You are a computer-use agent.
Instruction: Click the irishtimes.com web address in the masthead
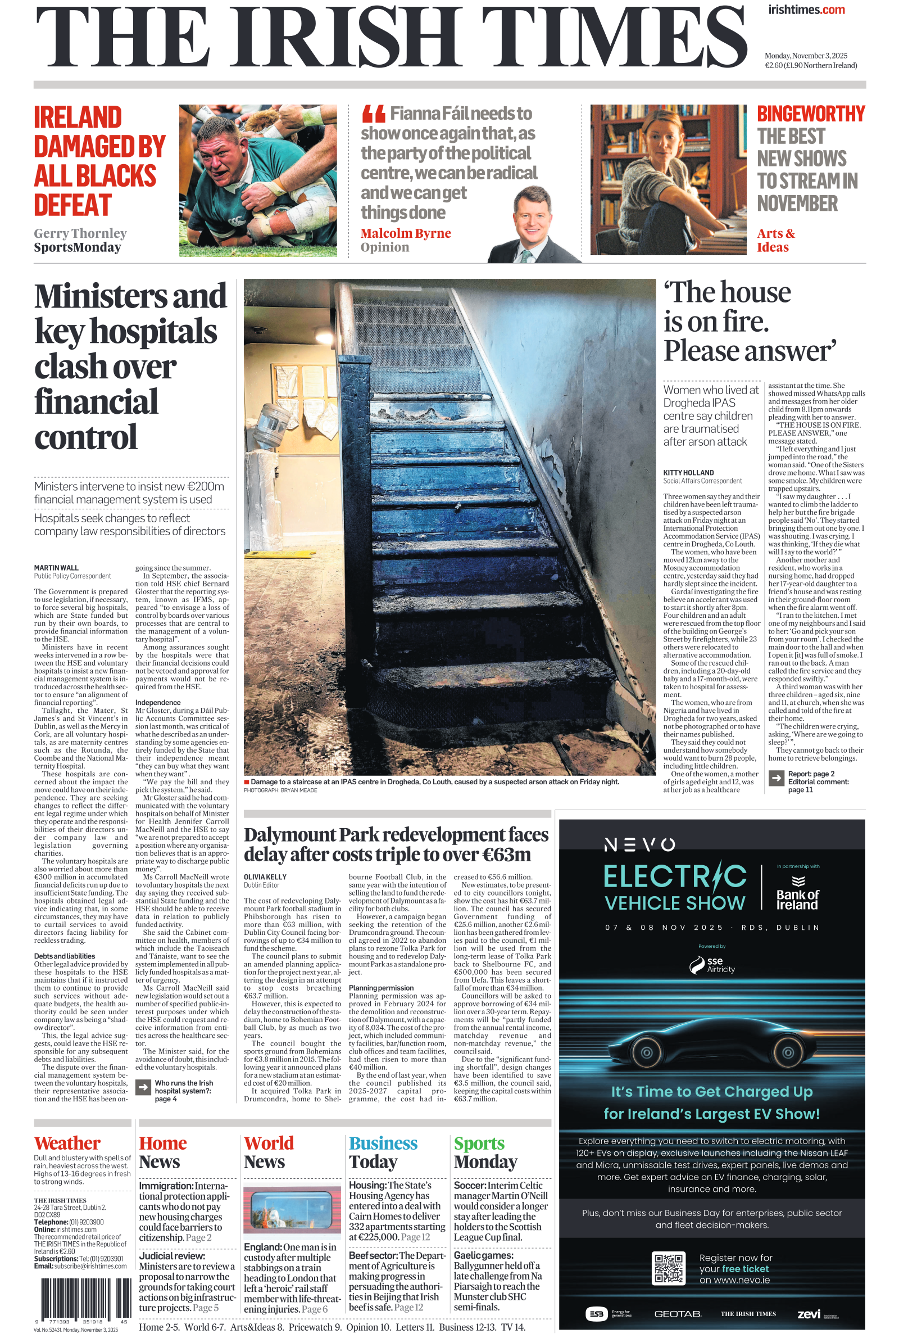[806, 10]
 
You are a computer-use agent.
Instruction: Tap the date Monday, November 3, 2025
[806, 56]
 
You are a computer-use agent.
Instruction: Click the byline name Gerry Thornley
[80, 233]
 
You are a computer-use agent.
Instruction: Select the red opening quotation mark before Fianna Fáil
[373, 114]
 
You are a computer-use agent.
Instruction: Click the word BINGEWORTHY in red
[811, 114]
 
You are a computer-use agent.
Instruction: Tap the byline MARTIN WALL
[56, 568]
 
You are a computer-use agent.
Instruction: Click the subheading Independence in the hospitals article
[158, 703]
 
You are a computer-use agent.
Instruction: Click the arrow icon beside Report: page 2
[776, 778]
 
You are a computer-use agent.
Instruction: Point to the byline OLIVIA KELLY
[265, 877]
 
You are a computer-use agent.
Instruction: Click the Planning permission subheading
[381, 988]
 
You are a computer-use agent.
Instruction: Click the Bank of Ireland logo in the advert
[797, 895]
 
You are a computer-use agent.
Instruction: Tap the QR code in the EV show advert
[669, 1268]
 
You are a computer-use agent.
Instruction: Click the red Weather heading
[67, 1143]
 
